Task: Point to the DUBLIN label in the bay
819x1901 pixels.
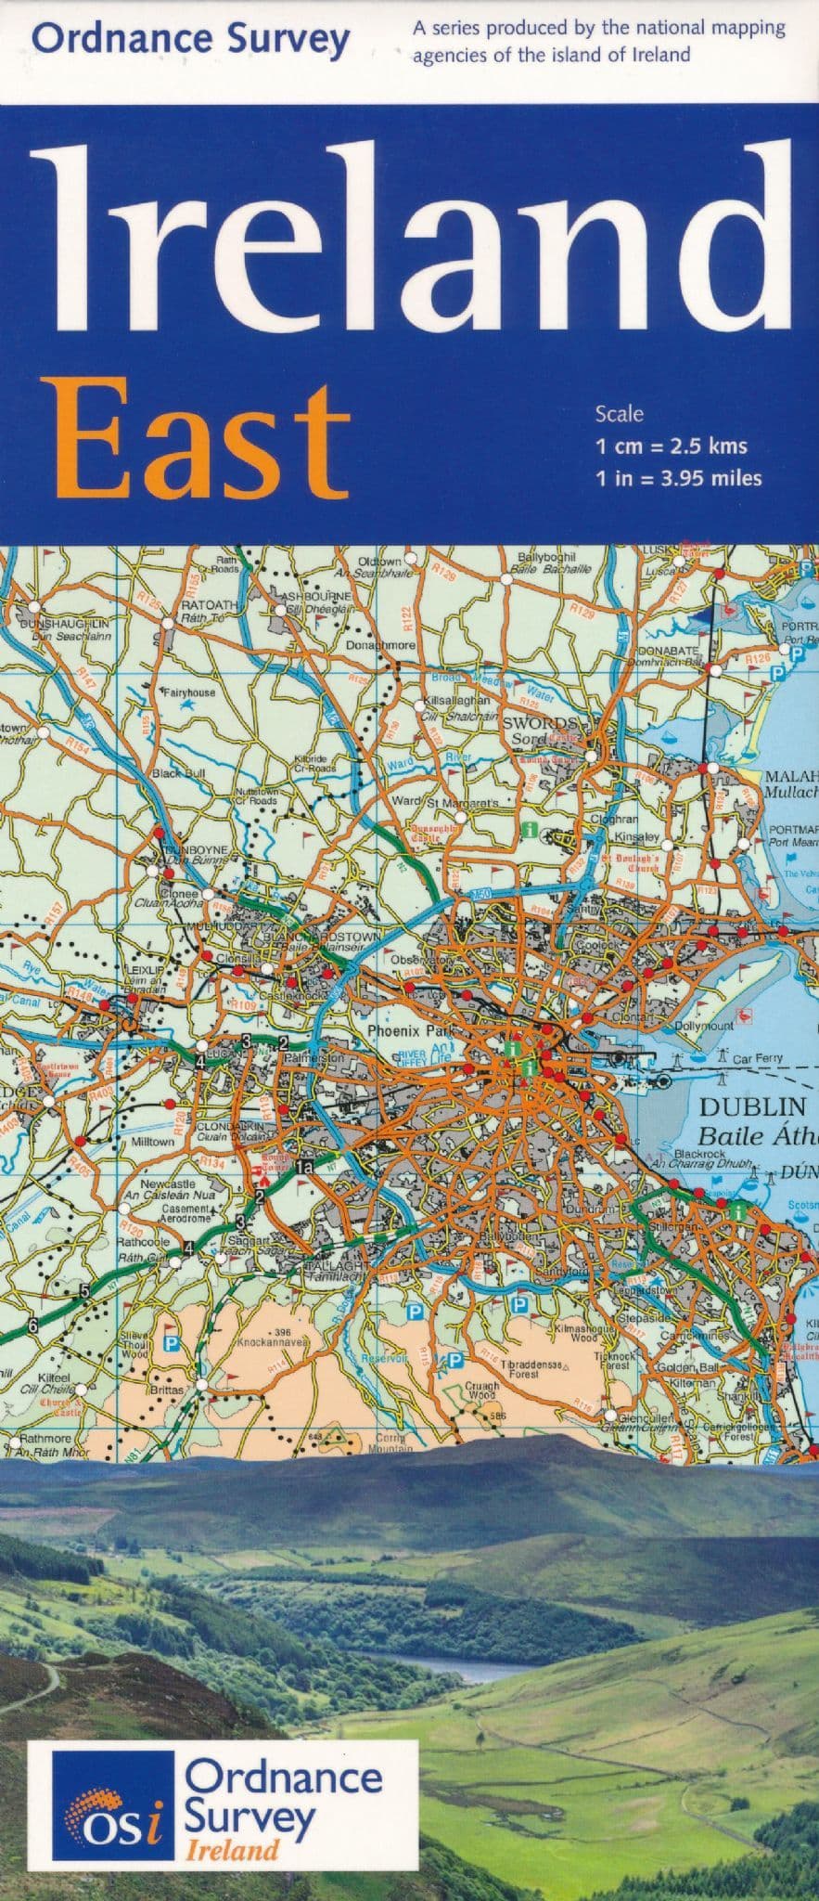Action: [752, 1106]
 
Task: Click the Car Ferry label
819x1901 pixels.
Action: [758, 1057]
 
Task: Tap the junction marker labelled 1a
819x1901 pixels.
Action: [305, 1167]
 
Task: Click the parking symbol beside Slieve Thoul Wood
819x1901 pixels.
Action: [171, 1343]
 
